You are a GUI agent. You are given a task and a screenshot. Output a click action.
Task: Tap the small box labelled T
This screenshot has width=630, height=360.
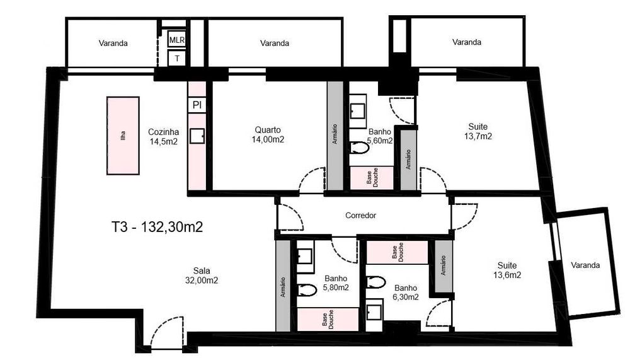pyautogui.click(x=177, y=58)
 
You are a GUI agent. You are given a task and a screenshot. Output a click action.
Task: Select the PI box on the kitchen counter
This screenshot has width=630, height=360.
pyautogui.click(x=197, y=105)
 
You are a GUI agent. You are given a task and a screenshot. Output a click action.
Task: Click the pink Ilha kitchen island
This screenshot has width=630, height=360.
pyautogui.click(x=123, y=136)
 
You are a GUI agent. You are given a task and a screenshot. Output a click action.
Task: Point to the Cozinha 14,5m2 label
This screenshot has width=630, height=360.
pyautogui.click(x=164, y=137)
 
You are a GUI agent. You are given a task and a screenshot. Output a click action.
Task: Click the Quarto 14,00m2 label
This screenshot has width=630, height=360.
pyautogui.click(x=268, y=134)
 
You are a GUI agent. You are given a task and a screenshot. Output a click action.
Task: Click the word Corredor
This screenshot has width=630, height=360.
pyautogui.click(x=361, y=216)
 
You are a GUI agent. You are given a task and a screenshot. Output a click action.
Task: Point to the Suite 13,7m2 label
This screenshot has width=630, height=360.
pyautogui.click(x=478, y=131)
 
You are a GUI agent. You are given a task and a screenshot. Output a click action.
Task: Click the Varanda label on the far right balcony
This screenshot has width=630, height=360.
pyautogui.click(x=585, y=265)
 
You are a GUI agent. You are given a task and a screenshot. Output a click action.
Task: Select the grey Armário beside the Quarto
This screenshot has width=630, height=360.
pyautogui.click(x=335, y=136)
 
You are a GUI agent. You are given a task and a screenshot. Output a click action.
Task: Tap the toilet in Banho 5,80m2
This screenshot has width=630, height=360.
pyautogui.click(x=308, y=291)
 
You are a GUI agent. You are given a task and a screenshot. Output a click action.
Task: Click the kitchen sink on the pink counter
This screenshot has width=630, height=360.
pyautogui.click(x=197, y=136)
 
